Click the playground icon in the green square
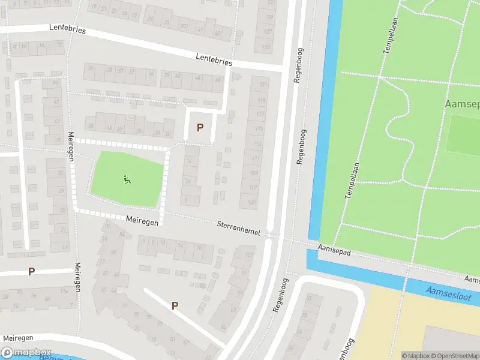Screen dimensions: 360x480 coord(127,179)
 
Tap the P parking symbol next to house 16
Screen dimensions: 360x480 coord(200,127)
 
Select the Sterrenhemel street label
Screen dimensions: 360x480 coord(238,228)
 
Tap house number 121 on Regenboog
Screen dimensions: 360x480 coord(261,86)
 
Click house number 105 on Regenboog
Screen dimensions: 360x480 coord(251,202)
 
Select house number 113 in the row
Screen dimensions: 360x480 coord(257,144)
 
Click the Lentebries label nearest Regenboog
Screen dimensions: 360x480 coord(214,59)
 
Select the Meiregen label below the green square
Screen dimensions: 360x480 coord(142,221)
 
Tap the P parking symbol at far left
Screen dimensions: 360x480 coord(31,271)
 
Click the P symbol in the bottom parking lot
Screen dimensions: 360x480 coord(175,305)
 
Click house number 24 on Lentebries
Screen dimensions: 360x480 coord(91,68)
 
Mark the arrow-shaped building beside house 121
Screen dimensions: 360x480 coord(236,76)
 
